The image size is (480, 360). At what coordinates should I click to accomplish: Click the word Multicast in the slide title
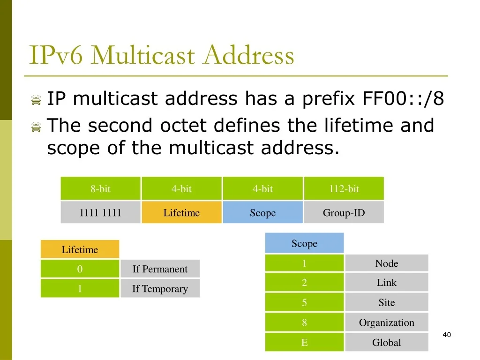click(x=143, y=55)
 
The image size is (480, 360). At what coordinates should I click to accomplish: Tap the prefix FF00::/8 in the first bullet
click(x=403, y=98)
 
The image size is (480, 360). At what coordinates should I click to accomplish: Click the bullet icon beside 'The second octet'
click(x=36, y=127)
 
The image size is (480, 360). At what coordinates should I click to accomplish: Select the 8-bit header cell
click(x=100, y=188)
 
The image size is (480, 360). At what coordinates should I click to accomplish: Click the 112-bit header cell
click(x=344, y=188)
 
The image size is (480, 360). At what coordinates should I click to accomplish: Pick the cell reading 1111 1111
click(x=100, y=212)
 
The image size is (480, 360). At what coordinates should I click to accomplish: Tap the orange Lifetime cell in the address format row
click(x=181, y=212)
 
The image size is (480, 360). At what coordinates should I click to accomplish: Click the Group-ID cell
click(x=344, y=212)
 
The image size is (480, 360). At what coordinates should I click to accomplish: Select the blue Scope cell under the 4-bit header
click(x=262, y=212)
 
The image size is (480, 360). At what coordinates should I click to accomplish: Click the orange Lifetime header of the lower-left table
click(x=80, y=249)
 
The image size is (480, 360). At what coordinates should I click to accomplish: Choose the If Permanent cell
click(x=160, y=269)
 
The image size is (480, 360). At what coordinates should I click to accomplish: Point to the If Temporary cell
click(x=160, y=288)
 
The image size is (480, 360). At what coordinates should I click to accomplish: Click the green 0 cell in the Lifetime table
click(x=80, y=269)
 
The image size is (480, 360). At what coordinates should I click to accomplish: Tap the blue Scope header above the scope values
click(x=304, y=243)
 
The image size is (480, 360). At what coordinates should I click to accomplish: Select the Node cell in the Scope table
click(x=387, y=263)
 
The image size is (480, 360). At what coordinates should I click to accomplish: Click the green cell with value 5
click(x=304, y=302)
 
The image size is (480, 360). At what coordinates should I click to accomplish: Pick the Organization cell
click(x=387, y=322)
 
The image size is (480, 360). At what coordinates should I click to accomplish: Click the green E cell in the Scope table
click(x=304, y=342)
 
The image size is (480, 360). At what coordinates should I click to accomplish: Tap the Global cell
click(x=387, y=342)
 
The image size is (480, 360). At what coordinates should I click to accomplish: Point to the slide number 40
click(x=447, y=335)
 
